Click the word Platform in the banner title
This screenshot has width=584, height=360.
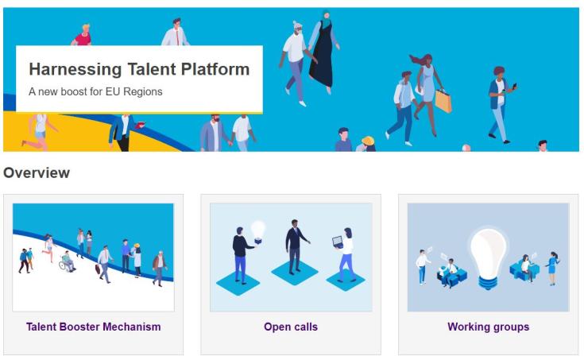click(215, 70)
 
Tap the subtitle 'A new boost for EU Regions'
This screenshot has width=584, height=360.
click(95, 91)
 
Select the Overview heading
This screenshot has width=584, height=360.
click(37, 172)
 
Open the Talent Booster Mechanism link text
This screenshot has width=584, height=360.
click(93, 327)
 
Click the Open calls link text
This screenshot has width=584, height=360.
click(290, 327)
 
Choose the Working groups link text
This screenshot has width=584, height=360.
click(488, 327)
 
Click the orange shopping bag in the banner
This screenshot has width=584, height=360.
click(443, 101)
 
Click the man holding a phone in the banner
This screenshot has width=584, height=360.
click(500, 103)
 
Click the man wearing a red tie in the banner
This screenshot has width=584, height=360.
click(176, 32)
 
